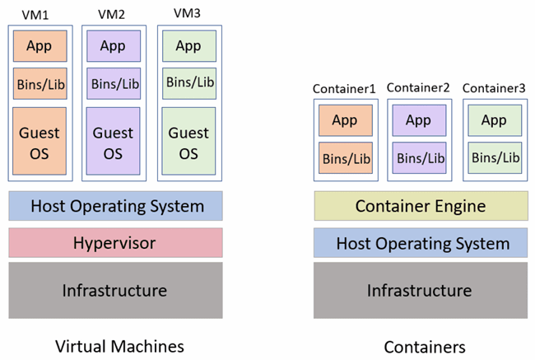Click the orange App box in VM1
40,46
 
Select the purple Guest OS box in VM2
113,142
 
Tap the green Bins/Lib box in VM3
188,82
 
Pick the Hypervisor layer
115,243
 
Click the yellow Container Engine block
421,206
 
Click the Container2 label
418,87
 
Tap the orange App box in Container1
345,120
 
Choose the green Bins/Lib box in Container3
495,157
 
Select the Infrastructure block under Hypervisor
115,290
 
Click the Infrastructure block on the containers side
421,290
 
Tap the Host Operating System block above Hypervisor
115,206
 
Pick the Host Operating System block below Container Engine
421,243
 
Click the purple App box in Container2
418,120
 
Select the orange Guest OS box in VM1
40,142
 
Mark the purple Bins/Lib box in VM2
113,83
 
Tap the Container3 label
494,87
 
